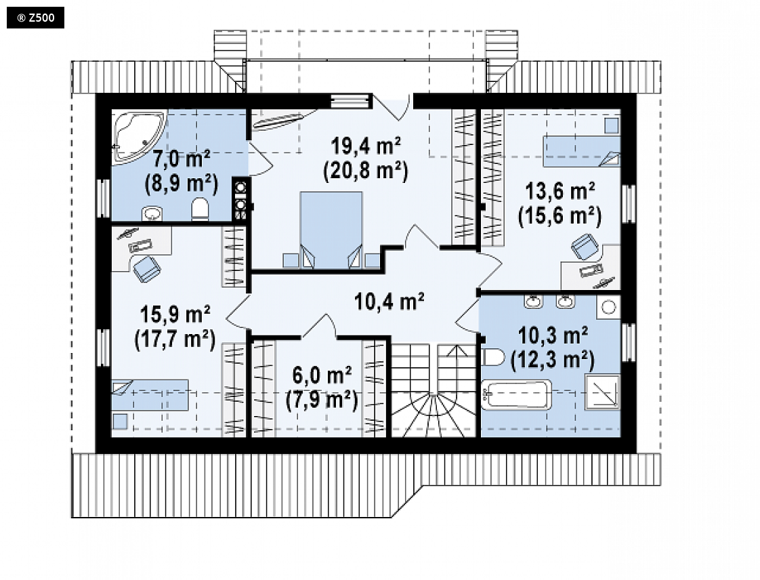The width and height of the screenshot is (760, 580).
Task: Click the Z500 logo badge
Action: pyautogui.click(x=35, y=18)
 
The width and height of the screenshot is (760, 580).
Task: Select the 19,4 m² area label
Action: pyautogui.click(x=366, y=146)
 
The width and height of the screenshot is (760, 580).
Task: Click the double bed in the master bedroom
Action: pyautogui.click(x=331, y=230)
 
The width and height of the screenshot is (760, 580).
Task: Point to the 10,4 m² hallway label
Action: pyautogui.click(x=389, y=302)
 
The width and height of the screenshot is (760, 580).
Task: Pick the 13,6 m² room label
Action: pyautogui.click(x=560, y=191)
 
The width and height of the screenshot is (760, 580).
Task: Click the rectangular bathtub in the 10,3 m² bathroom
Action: pyautogui.click(x=517, y=394)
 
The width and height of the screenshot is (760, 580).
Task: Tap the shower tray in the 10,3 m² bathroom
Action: pyautogui.click(x=602, y=392)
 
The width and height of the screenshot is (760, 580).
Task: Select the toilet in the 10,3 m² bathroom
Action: pyautogui.click(x=494, y=357)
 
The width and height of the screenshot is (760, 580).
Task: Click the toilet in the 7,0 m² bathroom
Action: pyautogui.click(x=200, y=210)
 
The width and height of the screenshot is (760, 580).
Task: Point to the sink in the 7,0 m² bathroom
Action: pyautogui.click(x=152, y=213)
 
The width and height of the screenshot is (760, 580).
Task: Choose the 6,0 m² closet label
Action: pyautogui.click(x=322, y=375)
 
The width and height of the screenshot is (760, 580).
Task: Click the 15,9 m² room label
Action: pyautogui.click(x=175, y=314)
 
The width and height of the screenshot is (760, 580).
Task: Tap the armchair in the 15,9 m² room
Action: pyautogui.click(x=146, y=269)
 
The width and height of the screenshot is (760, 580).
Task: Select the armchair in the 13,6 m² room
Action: pyautogui.click(x=585, y=247)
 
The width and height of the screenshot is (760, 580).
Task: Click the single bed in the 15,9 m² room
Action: pyautogui.click(x=150, y=395)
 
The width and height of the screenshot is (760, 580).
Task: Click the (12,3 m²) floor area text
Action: pyautogui.click(x=553, y=359)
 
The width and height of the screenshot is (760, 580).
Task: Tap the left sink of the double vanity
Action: pyautogui.click(x=534, y=301)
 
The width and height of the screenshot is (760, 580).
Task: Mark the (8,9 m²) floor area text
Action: pyautogui.click(x=182, y=184)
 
